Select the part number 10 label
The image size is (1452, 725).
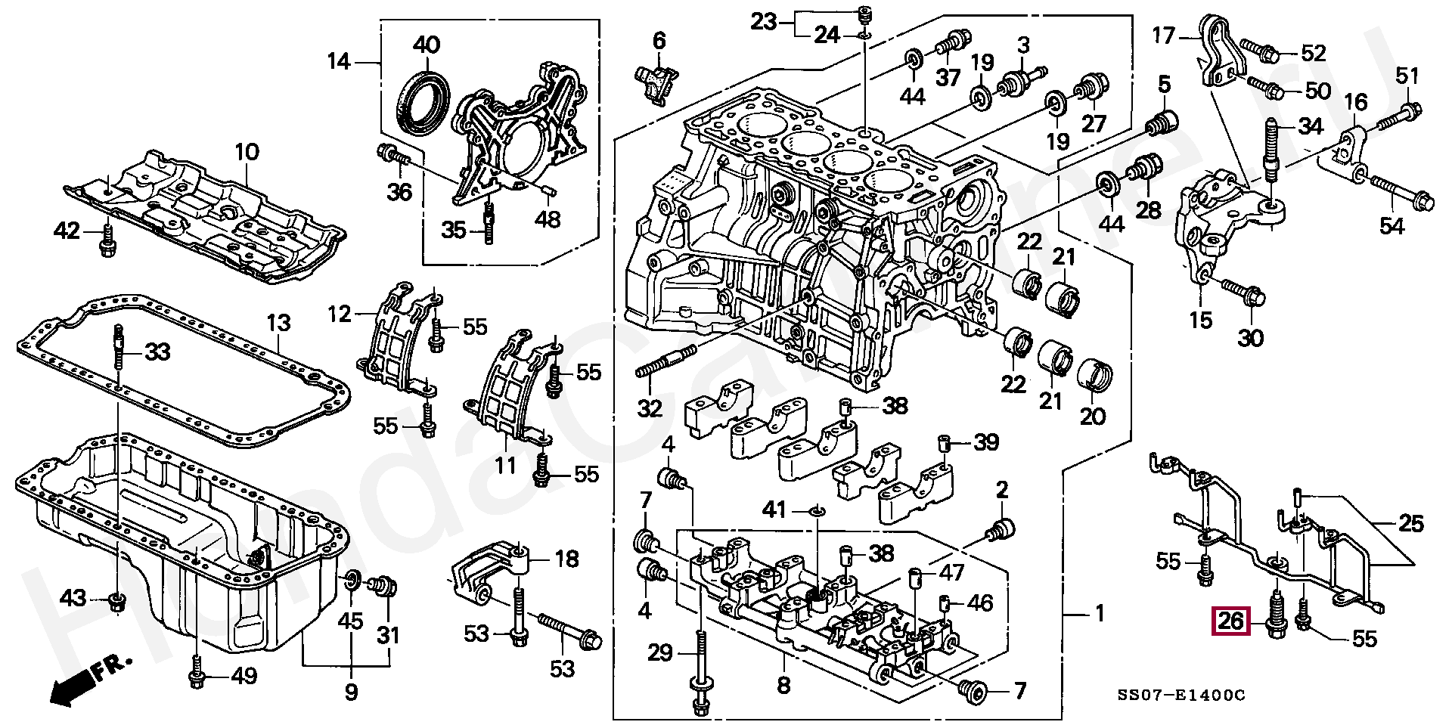click(247, 152)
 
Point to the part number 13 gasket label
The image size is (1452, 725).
click(278, 323)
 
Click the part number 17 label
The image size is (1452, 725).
click(1164, 35)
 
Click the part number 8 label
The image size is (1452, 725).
click(783, 686)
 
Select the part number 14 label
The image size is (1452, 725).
click(338, 60)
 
